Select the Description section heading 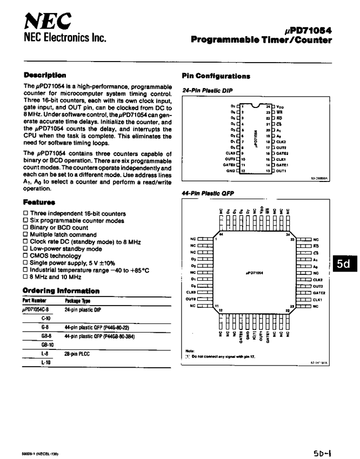[45, 75]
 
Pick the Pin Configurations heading [216, 76]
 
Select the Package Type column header [77, 300]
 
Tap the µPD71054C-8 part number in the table [38, 309]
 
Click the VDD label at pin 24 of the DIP [280, 107]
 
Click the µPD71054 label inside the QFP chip [254, 274]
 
